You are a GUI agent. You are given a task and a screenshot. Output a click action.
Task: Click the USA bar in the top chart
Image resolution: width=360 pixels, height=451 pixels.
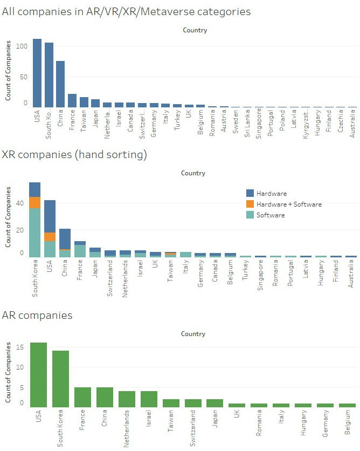(37, 73)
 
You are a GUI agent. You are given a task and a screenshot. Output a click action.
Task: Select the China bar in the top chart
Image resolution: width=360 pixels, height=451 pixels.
(60, 84)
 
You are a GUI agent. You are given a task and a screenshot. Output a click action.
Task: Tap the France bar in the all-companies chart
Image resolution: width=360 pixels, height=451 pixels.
(72, 100)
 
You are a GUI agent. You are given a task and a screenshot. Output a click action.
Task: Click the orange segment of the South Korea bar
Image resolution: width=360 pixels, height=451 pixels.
(35, 202)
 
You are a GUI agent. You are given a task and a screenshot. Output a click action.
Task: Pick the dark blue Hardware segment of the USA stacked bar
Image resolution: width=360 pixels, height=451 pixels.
(50, 216)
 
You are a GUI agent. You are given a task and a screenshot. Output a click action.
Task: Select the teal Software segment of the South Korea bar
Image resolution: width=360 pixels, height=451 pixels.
(35, 232)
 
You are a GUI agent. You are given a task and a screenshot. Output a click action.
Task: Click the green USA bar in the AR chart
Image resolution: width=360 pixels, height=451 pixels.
(38, 374)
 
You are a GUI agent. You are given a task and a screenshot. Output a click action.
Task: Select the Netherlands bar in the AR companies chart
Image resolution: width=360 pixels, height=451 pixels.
(127, 399)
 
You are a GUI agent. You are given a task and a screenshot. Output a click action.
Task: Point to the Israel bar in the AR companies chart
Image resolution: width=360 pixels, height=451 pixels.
(149, 399)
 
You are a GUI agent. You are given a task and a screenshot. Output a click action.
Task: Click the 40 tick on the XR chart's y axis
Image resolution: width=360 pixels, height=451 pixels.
(20, 203)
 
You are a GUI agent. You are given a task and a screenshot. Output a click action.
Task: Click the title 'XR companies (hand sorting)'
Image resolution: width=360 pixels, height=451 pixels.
(74, 155)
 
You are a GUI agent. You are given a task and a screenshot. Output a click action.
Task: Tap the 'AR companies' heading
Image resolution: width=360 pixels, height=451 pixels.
(37, 315)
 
